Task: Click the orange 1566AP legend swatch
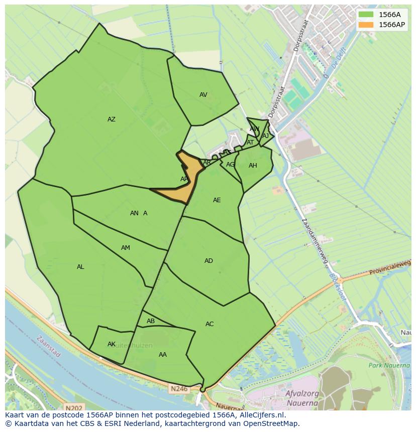click(x=366, y=25)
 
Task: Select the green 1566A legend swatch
click(x=366, y=15)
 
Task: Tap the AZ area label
click(x=112, y=119)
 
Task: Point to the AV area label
click(x=203, y=95)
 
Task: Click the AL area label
click(x=80, y=267)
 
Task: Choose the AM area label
click(x=126, y=248)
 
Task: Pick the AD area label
click(x=209, y=261)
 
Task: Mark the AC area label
click(x=210, y=324)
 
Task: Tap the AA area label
click(x=163, y=355)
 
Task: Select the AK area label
click(x=112, y=344)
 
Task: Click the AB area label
click(x=151, y=321)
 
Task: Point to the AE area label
click(x=217, y=200)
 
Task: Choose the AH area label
click(x=253, y=166)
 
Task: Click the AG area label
click(x=230, y=165)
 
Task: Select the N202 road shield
click(x=73, y=408)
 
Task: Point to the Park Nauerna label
click(x=389, y=365)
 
